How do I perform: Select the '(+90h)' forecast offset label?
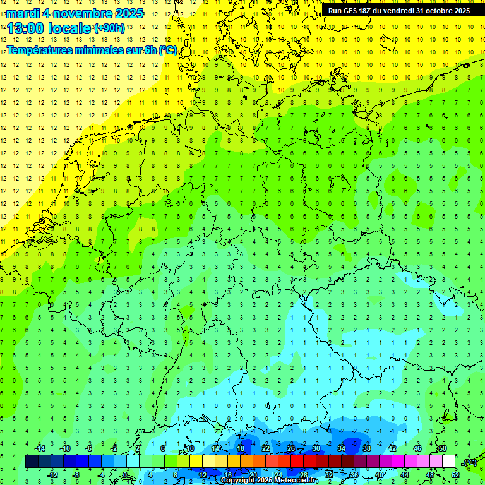pos(109,28)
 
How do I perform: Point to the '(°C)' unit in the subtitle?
pos(167,51)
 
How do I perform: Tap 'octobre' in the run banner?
pos(436,11)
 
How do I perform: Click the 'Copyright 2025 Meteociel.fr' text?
pos(269,480)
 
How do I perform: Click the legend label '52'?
pos(455,474)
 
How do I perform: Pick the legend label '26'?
pos(291,448)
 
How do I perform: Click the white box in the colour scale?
pos(449,461)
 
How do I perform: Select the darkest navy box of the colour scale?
pos(32,461)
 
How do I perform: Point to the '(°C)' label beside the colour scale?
pos(469,463)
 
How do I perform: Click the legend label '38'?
pos(367,448)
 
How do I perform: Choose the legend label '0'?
pos(126,474)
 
